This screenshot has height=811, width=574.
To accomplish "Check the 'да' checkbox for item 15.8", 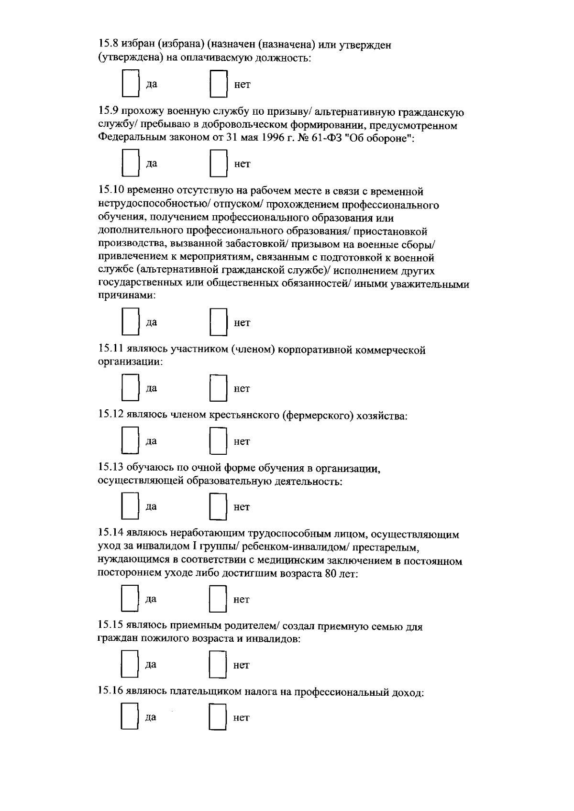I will point(130,85).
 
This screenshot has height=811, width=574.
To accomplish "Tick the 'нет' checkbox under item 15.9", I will point(218,164).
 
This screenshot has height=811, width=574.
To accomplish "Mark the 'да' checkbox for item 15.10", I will point(130,322).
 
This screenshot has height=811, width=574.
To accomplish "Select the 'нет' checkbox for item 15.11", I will point(218,388).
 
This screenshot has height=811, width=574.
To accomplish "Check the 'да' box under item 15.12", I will point(130,440).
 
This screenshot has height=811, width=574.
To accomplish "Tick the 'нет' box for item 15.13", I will point(218,506).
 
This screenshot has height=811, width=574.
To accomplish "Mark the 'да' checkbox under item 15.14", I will point(130,599).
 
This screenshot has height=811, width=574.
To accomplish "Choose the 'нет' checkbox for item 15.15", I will point(218,664).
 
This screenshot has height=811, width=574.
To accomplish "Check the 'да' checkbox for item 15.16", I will point(130,717).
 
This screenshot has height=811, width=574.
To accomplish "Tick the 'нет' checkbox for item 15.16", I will point(218,717).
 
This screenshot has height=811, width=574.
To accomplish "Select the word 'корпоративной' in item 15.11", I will point(313,350).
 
